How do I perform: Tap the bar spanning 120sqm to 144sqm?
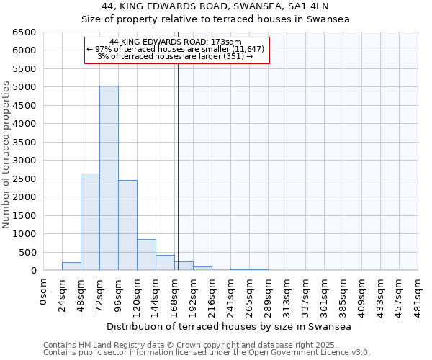coord(146,255)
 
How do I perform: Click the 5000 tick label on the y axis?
coord(24,87)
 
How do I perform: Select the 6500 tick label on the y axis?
coord(24,32)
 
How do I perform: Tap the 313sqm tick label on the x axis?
coord(287,293)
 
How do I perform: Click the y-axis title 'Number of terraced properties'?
coord(7,154)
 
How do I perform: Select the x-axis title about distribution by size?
coord(230,327)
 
